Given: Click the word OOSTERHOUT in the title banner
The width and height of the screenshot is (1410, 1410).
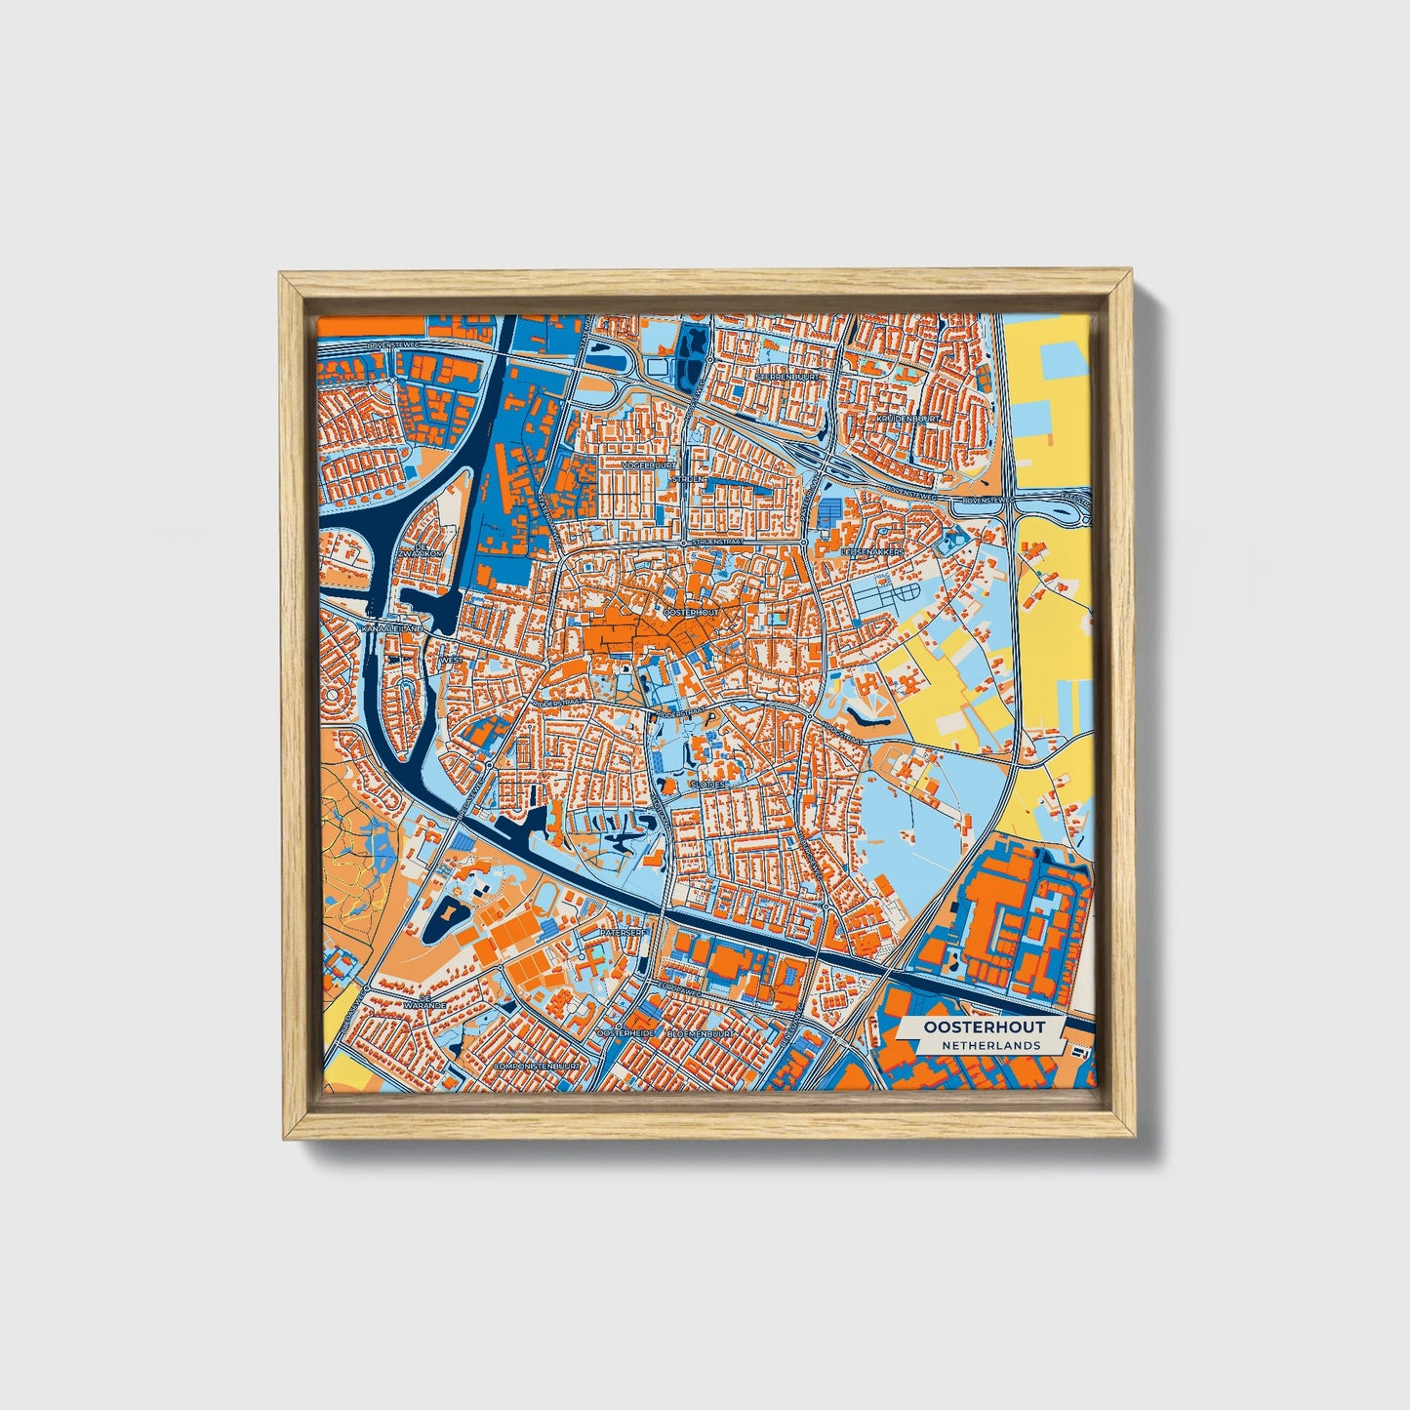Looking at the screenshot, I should pos(985,1027).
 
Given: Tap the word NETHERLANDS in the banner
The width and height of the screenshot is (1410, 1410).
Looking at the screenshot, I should pos(991,1045).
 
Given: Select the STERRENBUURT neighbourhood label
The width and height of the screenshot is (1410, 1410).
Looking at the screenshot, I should pos(789,375).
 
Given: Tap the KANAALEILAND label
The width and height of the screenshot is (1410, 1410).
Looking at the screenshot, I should pos(392,629).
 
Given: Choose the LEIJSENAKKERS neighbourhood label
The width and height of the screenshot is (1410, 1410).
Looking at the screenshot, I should pos(871,551).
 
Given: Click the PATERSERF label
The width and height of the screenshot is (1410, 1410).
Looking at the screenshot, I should pos(624,933).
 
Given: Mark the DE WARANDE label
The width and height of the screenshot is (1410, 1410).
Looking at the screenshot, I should pos(426,1004).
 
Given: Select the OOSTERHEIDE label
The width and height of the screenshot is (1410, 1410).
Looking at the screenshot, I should pos(624,1032).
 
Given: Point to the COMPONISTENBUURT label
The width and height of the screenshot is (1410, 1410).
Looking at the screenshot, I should pos(538,1066).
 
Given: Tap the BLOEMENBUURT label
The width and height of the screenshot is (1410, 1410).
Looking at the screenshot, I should pos(700,1032).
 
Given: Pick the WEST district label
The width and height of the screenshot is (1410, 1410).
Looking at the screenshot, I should pos(453,661).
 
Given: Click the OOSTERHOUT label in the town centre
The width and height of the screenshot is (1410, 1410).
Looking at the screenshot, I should pos(691,612).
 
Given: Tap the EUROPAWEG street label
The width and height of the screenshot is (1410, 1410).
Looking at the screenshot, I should pos(680,988).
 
